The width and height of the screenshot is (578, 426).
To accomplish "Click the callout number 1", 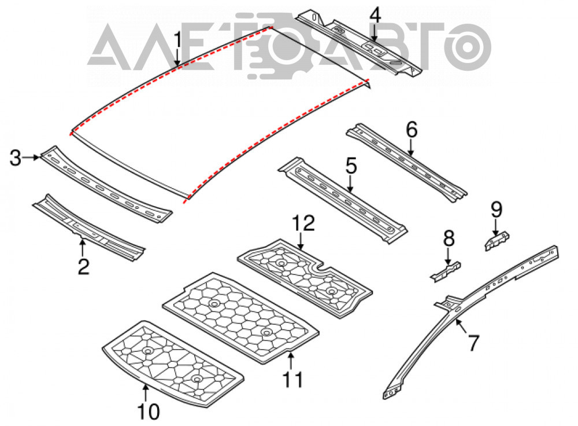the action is (178, 41).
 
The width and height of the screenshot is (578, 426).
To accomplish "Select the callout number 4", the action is (375, 16).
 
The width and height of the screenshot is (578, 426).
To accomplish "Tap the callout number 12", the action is (303, 223).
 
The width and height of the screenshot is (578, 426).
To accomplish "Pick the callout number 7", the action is (473, 343).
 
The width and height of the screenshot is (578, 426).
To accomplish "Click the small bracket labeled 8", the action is (446, 271).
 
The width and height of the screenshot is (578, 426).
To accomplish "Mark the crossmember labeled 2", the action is (88, 228).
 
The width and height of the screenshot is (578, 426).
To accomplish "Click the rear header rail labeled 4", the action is (360, 43).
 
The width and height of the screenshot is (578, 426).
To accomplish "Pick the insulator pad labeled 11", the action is (240, 318).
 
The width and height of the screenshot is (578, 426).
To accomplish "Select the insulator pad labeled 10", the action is (173, 364).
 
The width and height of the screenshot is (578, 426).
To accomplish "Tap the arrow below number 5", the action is (350, 184).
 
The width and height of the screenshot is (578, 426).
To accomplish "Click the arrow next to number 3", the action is (31, 157).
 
